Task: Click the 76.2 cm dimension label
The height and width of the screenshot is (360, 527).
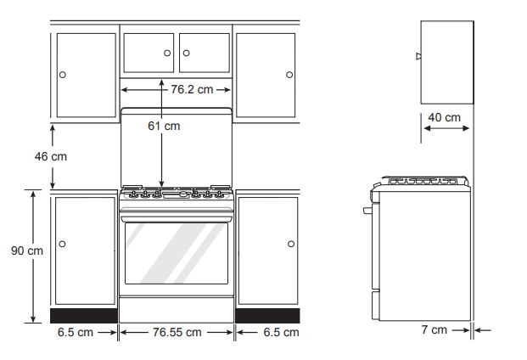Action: pyautogui.click(x=192, y=89)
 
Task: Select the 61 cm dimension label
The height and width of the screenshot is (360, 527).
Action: pyautogui.click(x=164, y=127)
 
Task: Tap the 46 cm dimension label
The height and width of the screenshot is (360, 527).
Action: pyautogui.click(x=50, y=156)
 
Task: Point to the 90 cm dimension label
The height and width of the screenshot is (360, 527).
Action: pyautogui.click(x=27, y=250)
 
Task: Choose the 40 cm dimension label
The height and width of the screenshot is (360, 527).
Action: pyautogui.click(x=444, y=116)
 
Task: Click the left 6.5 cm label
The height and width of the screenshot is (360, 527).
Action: pyautogui.click(x=75, y=332)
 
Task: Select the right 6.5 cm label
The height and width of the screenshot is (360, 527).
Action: pyautogui.click(x=281, y=332)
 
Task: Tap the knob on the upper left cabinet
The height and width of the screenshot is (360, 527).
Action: pyautogui.click(x=62, y=75)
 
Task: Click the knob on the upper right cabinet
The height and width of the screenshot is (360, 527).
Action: pyautogui.click(x=289, y=75)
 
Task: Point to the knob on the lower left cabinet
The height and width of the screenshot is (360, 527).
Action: pyautogui.click(x=62, y=245)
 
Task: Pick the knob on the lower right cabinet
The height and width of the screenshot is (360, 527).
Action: pyautogui.click(x=290, y=245)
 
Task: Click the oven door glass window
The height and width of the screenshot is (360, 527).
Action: pyautogui.click(x=176, y=253)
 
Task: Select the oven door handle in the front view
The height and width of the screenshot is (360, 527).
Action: pyautogui.click(x=176, y=213)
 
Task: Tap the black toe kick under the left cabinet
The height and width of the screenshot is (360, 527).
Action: pyautogui.click(x=84, y=315)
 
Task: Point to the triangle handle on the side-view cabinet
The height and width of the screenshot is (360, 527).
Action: pyautogui.click(x=418, y=57)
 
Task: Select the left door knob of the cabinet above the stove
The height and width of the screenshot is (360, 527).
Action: pyautogui.click(x=167, y=53)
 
